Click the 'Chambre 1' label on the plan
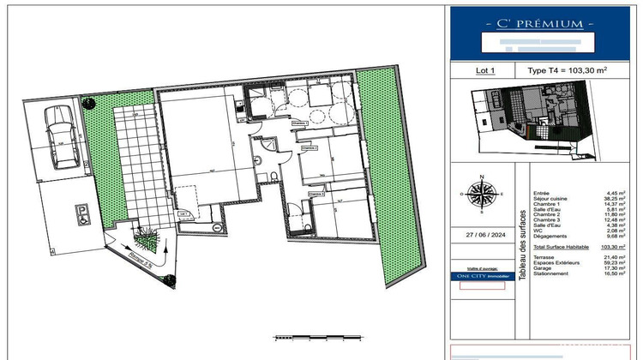point(299,123)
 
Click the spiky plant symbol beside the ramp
point(143,234)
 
